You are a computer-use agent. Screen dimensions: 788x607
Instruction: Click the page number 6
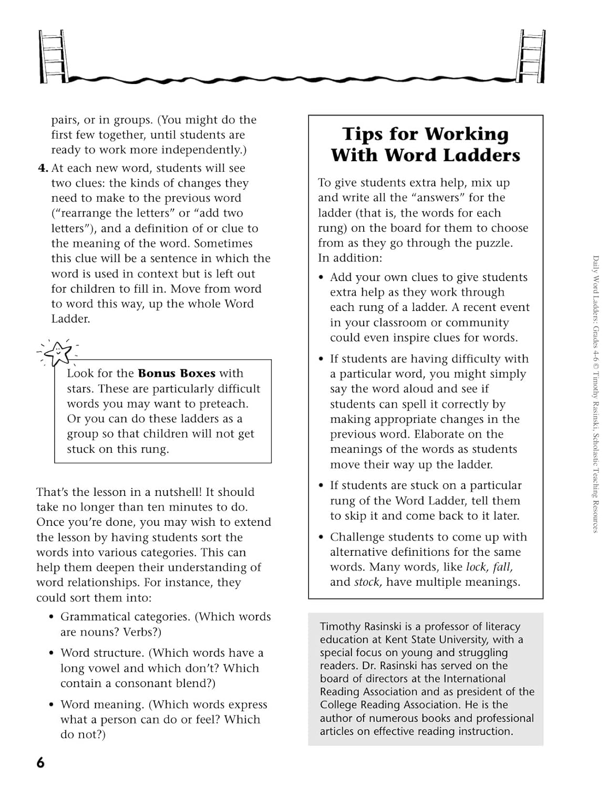[40, 763]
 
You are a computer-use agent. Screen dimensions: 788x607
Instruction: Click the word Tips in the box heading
[363, 134]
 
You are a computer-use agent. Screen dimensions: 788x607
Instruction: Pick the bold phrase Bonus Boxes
[177, 374]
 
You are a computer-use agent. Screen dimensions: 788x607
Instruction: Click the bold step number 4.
[43, 168]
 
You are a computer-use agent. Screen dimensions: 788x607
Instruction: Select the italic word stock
[367, 582]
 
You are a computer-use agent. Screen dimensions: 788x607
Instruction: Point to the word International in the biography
[475, 679]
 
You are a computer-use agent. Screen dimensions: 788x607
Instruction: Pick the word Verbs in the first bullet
[140, 632]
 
